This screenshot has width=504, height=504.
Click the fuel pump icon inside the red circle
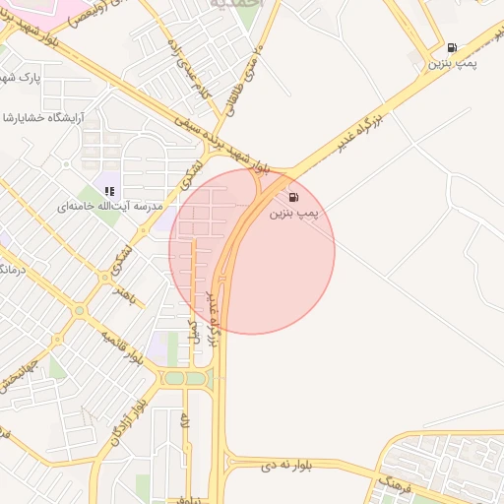(x=293, y=198)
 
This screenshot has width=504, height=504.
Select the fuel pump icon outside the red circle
(x=452, y=47)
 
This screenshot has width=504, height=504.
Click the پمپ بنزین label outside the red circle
(x=451, y=63)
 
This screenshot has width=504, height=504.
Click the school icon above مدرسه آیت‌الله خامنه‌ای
(x=110, y=191)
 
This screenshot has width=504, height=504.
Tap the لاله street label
(x=185, y=424)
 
